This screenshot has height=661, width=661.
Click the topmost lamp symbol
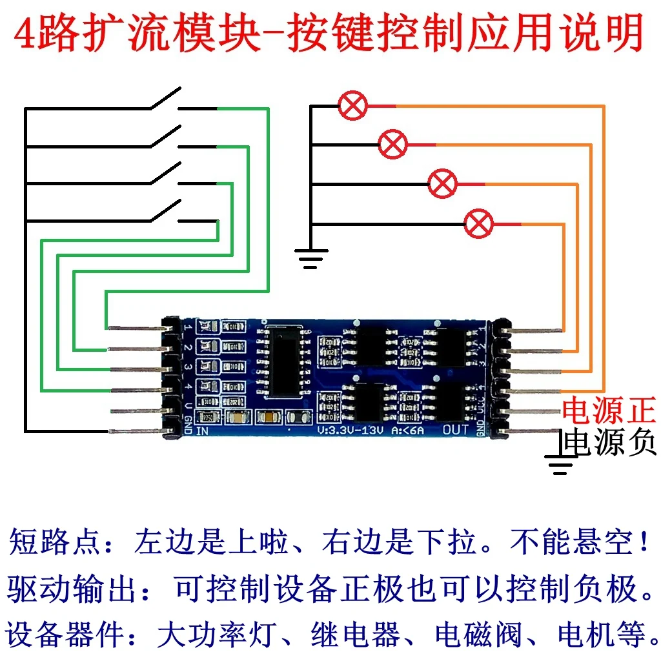(x=353, y=106)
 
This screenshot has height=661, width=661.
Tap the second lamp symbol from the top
(x=392, y=144)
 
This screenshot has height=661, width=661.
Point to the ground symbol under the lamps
(x=310, y=258)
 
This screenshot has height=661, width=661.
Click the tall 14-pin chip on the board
(x=284, y=361)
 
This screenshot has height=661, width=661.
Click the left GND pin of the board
(x=136, y=431)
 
